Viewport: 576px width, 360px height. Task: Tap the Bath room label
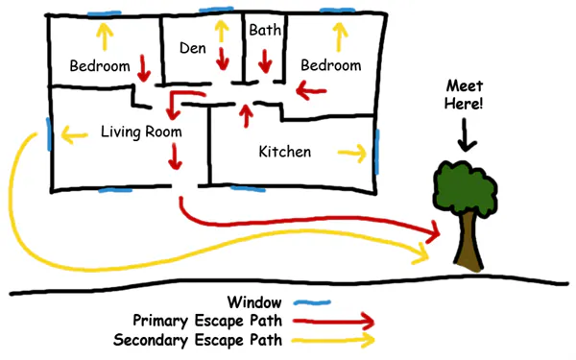point(264,31)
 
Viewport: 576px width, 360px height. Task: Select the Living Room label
point(140,131)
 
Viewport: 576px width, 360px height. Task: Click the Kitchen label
point(285,152)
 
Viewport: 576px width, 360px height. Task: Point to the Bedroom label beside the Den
point(100,66)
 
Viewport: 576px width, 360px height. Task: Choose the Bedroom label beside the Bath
point(330,65)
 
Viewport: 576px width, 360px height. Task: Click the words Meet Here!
point(467,96)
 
